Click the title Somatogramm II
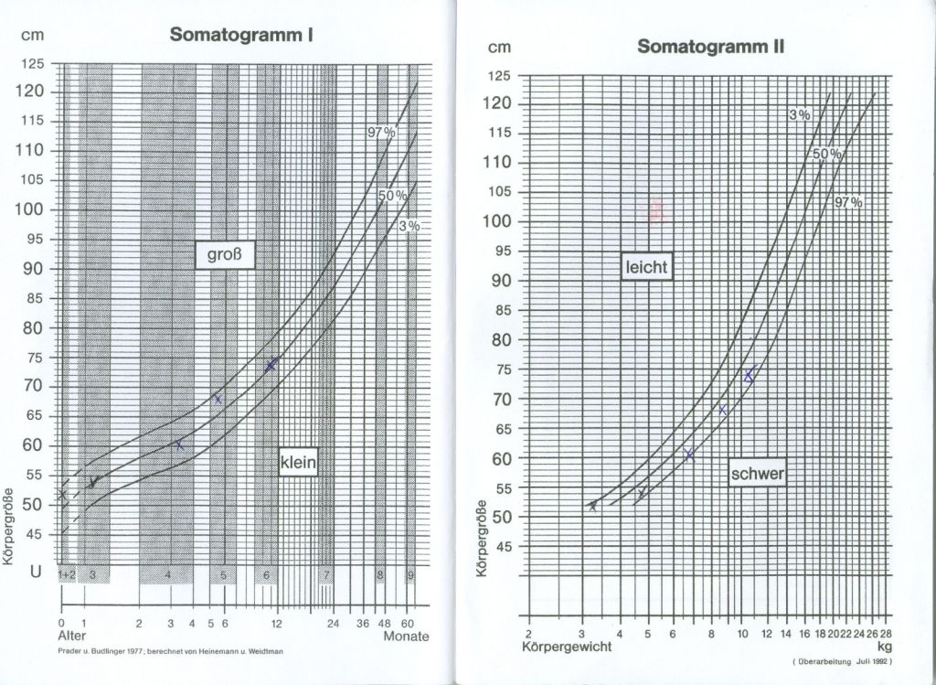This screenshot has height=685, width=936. (711, 46)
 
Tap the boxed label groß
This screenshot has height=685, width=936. (223, 255)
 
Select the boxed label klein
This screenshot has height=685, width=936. (298, 464)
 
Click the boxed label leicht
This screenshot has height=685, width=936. (647, 267)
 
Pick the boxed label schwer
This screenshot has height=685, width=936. (758, 474)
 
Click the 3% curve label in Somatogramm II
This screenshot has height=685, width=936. (800, 114)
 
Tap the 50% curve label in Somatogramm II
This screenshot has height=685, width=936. (824, 154)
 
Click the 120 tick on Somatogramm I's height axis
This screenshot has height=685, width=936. (33, 91)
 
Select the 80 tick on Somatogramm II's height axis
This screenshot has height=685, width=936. (501, 339)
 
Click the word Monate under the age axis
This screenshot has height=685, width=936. (406, 636)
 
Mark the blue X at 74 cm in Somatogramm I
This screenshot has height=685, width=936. (271, 365)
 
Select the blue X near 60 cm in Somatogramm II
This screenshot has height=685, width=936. (690, 455)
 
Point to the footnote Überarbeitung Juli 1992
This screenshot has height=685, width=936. (841, 660)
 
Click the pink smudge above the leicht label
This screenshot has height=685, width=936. (656, 210)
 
